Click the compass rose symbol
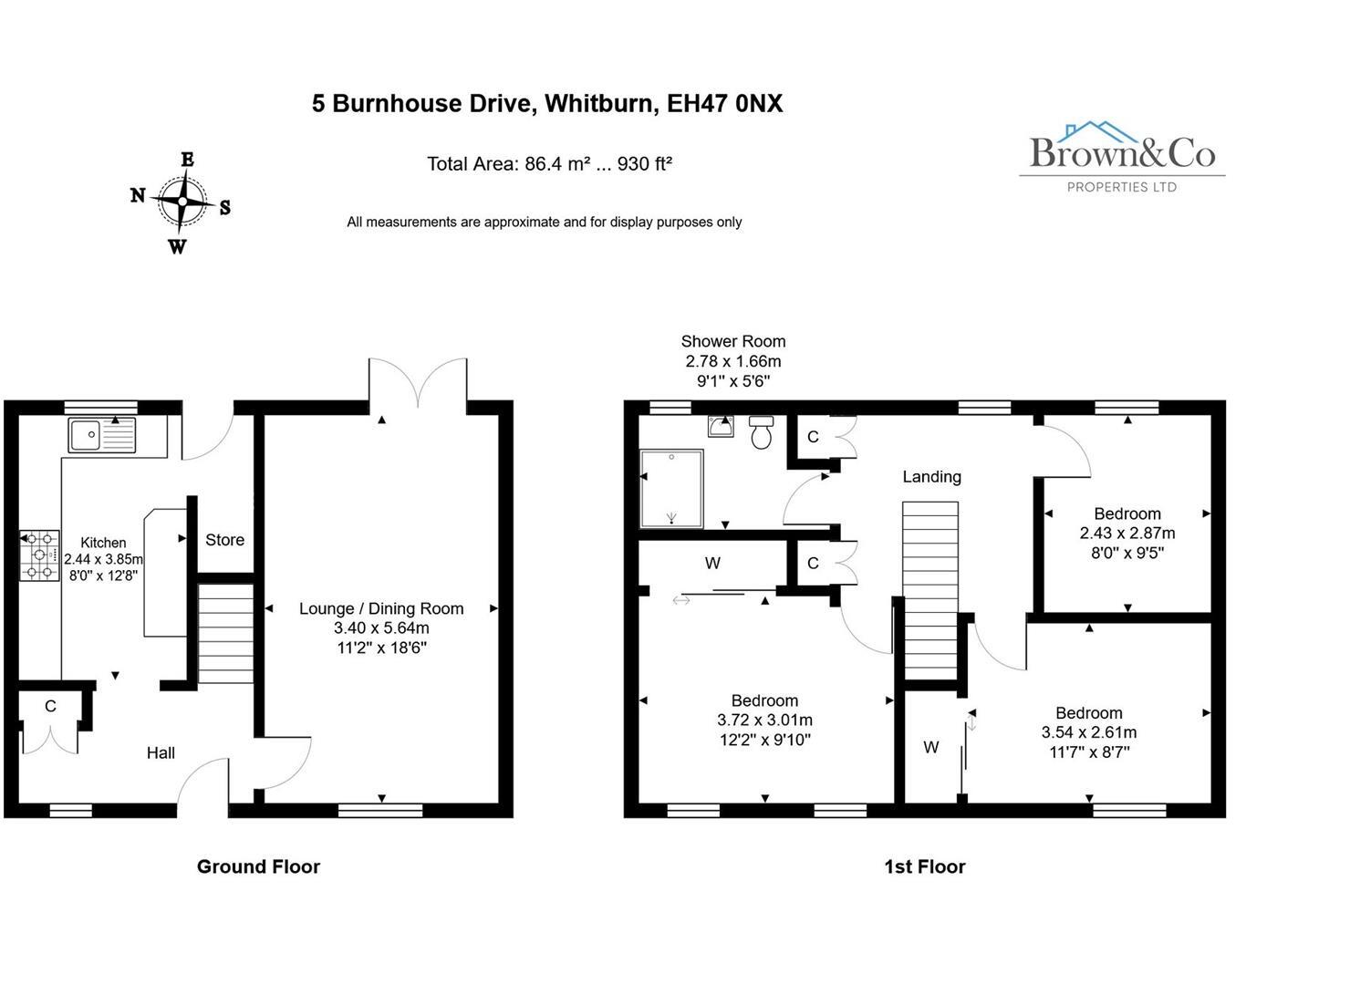pyautogui.click(x=182, y=202)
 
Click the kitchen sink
pyautogui.click(x=101, y=435)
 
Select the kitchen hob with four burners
pyautogui.click(x=39, y=555)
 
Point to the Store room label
pyautogui.click(x=224, y=540)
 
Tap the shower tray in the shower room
pyautogui.click(x=671, y=488)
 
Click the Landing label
pyautogui.click(x=931, y=476)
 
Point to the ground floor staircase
pyautogui.click(x=225, y=634)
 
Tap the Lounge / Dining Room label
pyautogui.click(x=381, y=608)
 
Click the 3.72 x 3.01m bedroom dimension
pyautogui.click(x=764, y=721)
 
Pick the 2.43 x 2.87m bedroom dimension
pyautogui.click(x=1127, y=534)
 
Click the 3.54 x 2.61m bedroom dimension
pyautogui.click(x=1088, y=732)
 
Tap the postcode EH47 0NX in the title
pyautogui.click(x=724, y=103)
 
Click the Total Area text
pyautogui.click(x=549, y=164)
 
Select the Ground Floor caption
pyautogui.click(x=258, y=866)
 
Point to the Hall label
pyautogui.click(x=161, y=752)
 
